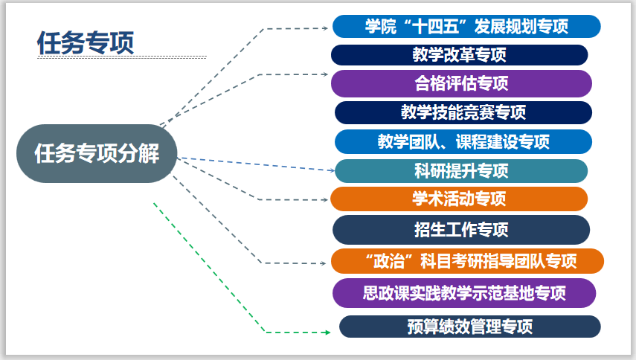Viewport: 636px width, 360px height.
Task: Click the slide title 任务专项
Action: (x=86, y=42)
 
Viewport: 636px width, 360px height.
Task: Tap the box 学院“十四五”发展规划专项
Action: (x=466, y=26)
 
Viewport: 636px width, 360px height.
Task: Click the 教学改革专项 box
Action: (x=459, y=55)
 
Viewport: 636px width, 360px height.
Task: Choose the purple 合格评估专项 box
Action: (x=461, y=83)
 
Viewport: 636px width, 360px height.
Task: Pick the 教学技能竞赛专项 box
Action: (x=463, y=112)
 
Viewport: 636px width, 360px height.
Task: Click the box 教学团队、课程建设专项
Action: (x=463, y=141)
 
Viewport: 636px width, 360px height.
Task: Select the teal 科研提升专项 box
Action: (x=461, y=170)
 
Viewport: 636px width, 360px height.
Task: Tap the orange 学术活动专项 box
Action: (x=459, y=199)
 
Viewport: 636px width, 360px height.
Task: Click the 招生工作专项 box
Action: (x=461, y=229)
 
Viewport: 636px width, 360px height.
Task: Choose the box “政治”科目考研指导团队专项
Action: (x=466, y=261)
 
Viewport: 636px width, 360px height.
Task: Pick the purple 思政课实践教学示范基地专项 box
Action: (x=464, y=292)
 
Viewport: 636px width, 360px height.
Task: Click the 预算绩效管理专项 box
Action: (x=469, y=326)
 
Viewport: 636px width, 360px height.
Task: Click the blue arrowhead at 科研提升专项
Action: (x=332, y=170)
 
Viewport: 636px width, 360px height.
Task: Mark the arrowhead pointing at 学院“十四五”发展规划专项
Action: (x=325, y=28)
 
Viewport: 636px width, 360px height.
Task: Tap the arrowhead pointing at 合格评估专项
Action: (x=325, y=74)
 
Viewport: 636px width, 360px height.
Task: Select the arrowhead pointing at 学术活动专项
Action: (x=325, y=199)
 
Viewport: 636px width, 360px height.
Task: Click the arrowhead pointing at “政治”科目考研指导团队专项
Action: (x=325, y=263)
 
